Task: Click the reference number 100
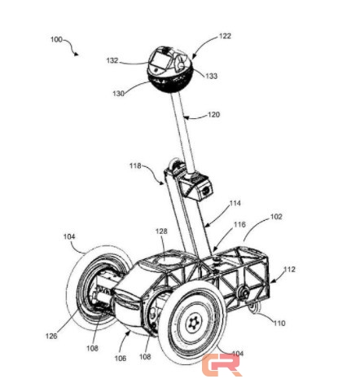coord(56,40)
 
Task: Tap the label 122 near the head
coord(225,36)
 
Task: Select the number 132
coord(112,60)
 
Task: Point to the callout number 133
coord(212,76)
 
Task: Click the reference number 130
coord(118,94)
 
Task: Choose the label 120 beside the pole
coord(213,115)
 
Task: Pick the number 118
coord(135,165)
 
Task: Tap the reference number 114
coord(235,203)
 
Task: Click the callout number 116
coord(239,224)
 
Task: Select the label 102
coord(276,217)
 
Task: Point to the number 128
coord(161,231)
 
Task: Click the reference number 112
coord(289,269)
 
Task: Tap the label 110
coord(279,324)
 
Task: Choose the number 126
coord(51,336)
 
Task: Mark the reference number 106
coord(121,359)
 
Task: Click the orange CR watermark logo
coord(222,365)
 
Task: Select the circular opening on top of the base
coord(167,260)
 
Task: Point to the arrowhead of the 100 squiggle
coord(77,54)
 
